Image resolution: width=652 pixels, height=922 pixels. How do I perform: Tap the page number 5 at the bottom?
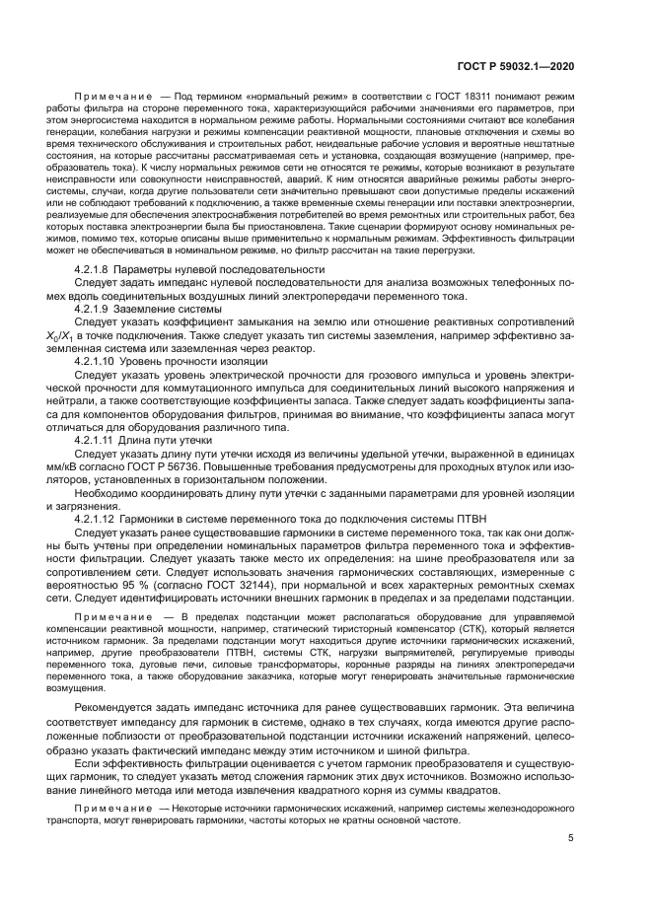pos(570,838)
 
